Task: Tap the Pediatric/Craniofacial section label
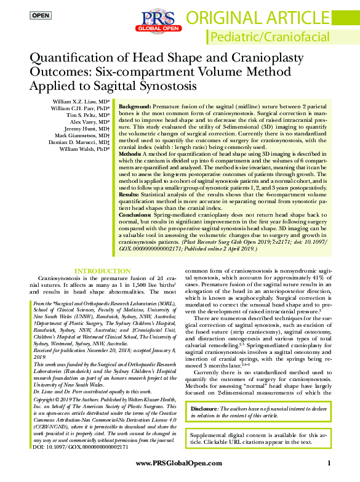(278, 38)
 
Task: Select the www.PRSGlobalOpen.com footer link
(179, 463)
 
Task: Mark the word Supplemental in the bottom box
(214, 435)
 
